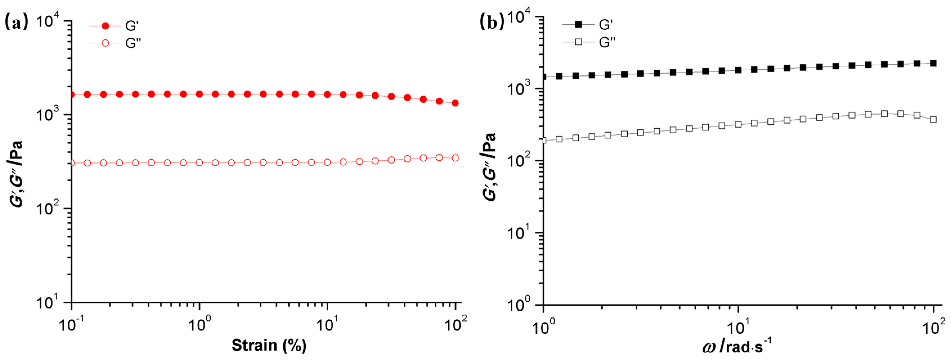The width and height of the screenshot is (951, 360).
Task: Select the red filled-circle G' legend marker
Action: (105, 26)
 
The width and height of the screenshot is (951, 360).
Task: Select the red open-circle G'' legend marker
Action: (105, 43)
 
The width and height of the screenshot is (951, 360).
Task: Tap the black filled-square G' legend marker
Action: (578, 25)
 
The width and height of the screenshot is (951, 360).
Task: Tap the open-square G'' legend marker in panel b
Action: (578, 42)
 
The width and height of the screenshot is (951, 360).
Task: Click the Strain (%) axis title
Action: (269, 345)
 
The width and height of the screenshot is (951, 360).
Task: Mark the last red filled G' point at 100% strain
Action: (455, 103)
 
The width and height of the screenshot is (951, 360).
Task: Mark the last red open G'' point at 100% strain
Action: (455, 158)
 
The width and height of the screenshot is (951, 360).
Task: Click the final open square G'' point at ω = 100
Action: (933, 120)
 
